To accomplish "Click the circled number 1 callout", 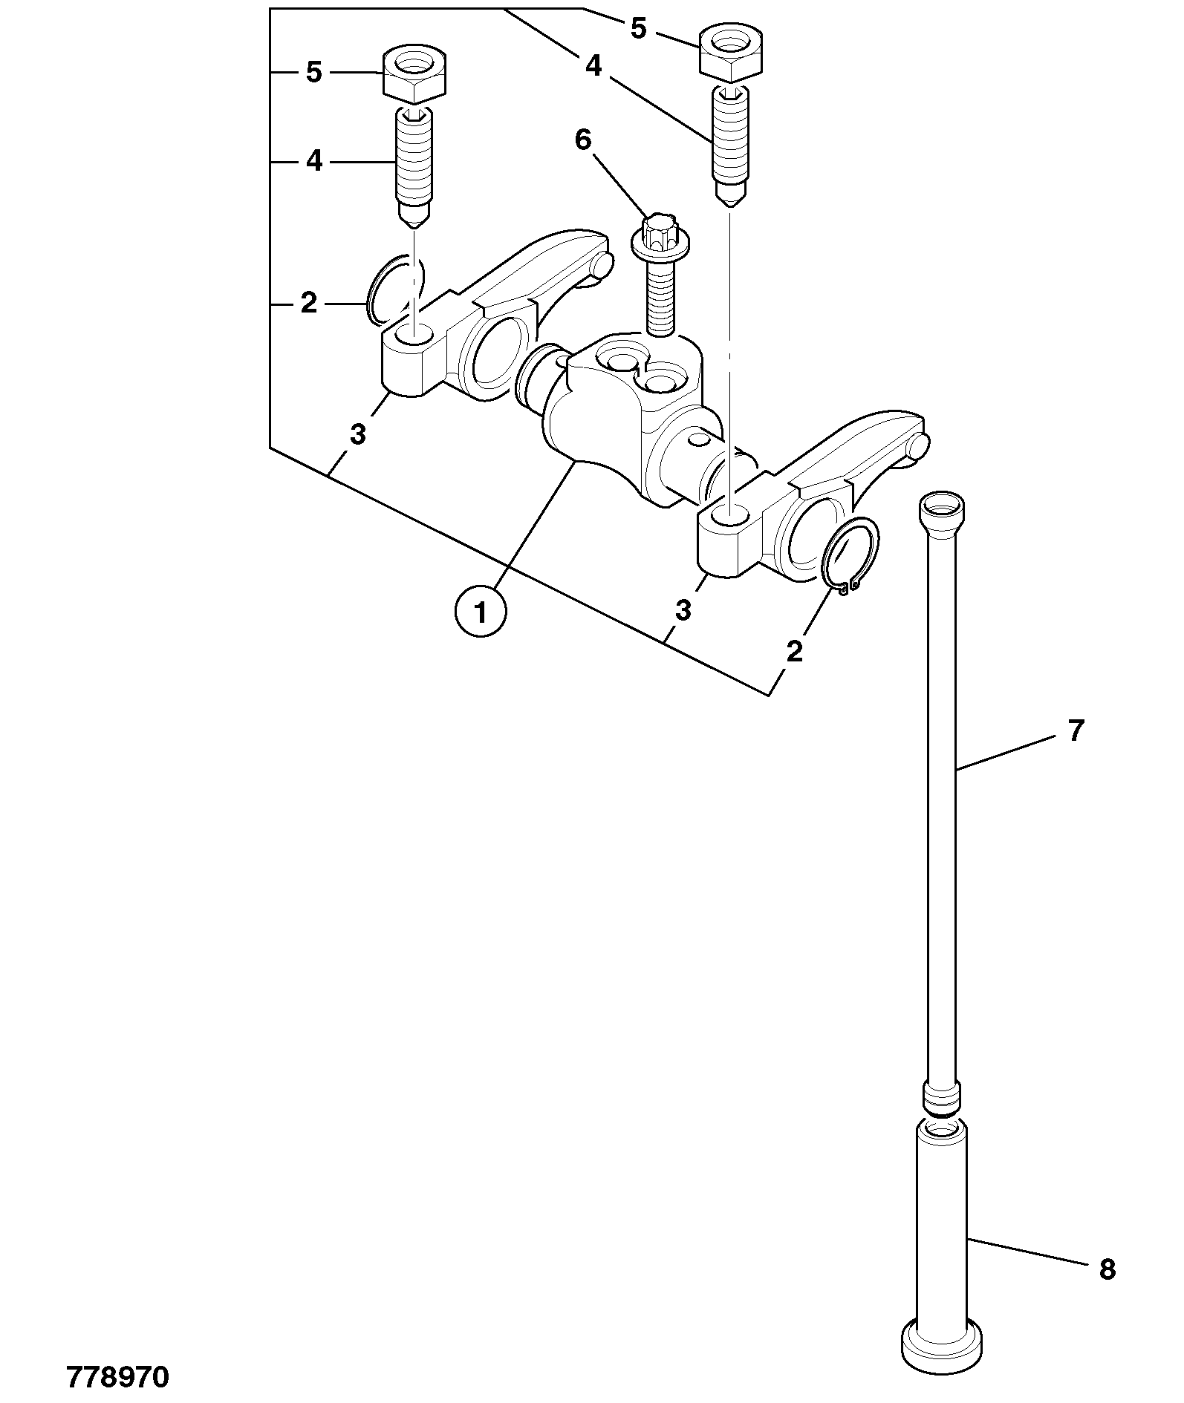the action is (481, 612).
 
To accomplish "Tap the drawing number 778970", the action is (118, 1378).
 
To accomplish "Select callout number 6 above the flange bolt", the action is (583, 140).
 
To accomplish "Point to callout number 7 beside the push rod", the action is (1077, 730).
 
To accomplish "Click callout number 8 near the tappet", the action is (1107, 1270).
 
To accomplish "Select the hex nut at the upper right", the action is (730, 53).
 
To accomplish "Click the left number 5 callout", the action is (314, 73).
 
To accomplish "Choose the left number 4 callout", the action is (314, 161).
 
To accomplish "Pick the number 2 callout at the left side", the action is (309, 303).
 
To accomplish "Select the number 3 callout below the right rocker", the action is (683, 610).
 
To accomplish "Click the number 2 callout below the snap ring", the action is (794, 652).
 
